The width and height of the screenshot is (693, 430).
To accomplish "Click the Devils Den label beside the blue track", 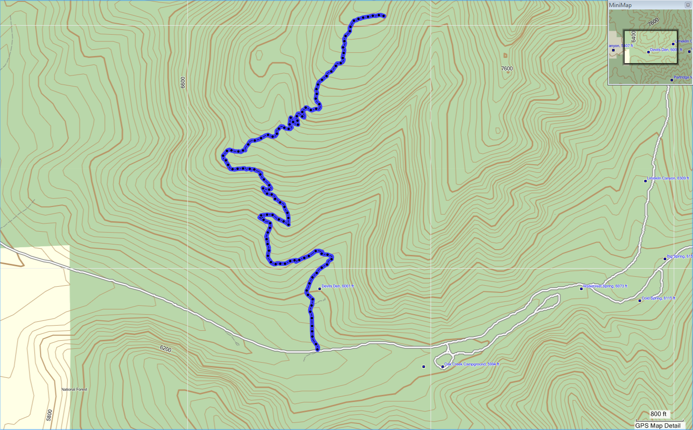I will pos(338,286).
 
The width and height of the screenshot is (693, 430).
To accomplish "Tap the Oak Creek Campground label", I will pos(472,364).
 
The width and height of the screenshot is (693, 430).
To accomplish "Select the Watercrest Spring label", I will pos(605,286).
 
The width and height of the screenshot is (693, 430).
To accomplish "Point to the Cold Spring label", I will pos(658,298).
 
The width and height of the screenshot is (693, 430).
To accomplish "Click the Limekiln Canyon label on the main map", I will pos(667,178).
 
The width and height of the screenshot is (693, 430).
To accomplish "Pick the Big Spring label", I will pos(679,256).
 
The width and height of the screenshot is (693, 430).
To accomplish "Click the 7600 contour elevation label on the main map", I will pos(507,68).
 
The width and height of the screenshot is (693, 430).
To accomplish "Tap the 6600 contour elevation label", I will pos(183,82).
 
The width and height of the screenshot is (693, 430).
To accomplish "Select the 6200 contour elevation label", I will pos(165,349).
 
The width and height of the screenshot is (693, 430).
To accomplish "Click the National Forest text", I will pos(75,390).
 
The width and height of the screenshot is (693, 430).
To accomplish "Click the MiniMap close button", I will pos(688,5).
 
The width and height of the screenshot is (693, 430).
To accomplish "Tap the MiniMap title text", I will pos(620,5).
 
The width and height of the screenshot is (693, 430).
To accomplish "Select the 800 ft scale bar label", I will pos(658,414).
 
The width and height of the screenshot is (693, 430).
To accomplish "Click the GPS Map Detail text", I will pos(658,426).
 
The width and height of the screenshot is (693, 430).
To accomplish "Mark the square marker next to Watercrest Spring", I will pos(581,289).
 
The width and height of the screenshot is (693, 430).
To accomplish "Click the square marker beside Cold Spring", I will pos(639,300).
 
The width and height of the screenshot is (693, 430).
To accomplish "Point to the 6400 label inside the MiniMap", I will pos(633,37).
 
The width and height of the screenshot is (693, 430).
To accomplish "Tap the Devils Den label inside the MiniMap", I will pos(665,50).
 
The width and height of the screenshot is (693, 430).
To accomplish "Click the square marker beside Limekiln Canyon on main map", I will pos(645,181).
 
